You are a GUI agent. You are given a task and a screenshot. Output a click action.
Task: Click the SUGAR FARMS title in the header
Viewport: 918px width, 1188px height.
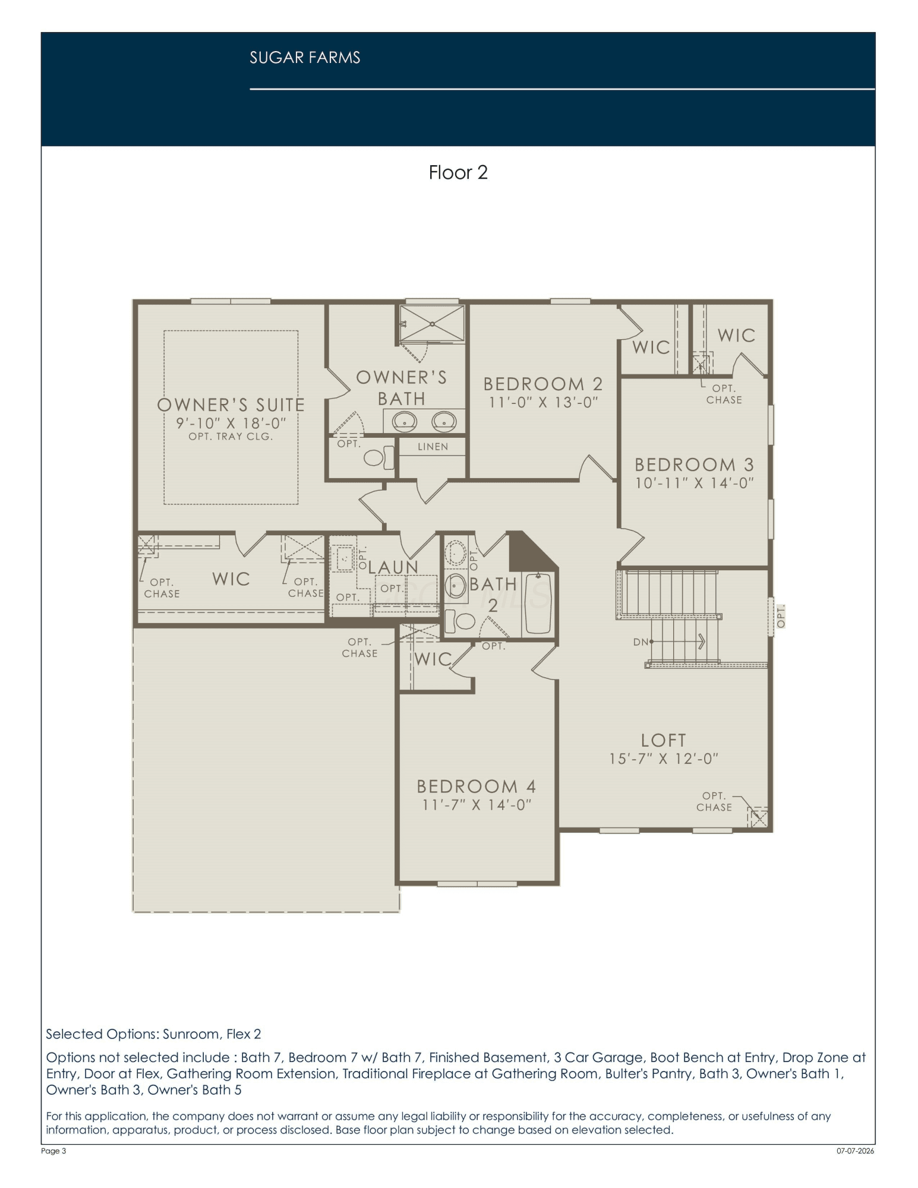(305, 58)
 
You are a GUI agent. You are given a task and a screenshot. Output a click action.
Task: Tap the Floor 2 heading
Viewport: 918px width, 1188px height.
(458, 172)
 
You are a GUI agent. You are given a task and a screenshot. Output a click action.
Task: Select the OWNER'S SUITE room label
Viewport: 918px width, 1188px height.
(231, 405)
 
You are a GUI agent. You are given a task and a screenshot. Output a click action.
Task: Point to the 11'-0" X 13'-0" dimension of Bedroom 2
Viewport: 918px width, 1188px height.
(543, 402)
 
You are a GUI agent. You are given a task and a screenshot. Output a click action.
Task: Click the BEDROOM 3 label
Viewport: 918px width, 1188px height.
(695, 465)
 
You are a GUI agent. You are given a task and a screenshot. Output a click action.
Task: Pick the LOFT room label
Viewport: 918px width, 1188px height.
(664, 740)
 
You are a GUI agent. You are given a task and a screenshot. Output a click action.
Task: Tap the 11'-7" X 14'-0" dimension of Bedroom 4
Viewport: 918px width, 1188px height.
(477, 804)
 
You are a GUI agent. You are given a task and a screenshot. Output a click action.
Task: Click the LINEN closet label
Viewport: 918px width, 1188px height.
(433, 447)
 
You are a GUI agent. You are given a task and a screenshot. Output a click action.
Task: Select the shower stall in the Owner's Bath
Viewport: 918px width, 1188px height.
(432, 324)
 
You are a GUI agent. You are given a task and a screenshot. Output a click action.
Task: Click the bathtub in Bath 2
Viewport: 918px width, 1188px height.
(538, 605)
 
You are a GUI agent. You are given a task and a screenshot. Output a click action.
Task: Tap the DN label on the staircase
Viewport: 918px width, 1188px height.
(641, 642)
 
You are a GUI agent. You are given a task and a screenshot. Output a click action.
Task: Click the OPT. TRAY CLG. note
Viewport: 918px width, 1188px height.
(231, 437)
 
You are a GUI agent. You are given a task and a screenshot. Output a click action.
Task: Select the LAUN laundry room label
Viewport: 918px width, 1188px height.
(393, 567)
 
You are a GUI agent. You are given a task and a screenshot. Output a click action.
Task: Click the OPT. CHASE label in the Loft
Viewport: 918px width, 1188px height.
(714, 801)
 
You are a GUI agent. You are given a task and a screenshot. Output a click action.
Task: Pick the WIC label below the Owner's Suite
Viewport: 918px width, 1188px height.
(231, 579)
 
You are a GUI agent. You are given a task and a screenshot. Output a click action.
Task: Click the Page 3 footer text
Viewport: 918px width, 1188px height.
(53, 1151)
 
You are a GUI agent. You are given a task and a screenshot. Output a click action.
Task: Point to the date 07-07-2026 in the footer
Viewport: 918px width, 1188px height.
(856, 1151)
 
